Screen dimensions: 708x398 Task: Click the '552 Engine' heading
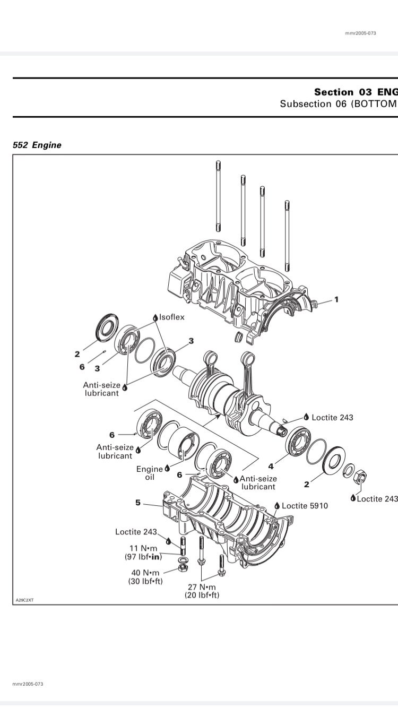click(37, 145)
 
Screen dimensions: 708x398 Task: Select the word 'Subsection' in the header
click(306, 103)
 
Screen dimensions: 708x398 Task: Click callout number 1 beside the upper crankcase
click(336, 299)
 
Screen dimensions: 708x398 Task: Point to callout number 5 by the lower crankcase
click(138, 502)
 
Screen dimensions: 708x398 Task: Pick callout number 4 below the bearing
click(271, 466)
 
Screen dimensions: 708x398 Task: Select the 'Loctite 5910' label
click(305, 506)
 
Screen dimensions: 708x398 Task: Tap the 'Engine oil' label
click(150, 473)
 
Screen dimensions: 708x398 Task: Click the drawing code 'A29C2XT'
click(24, 600)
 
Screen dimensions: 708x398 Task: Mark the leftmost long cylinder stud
click(218, 196)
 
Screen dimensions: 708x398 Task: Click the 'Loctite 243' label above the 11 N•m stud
click(136, 532)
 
